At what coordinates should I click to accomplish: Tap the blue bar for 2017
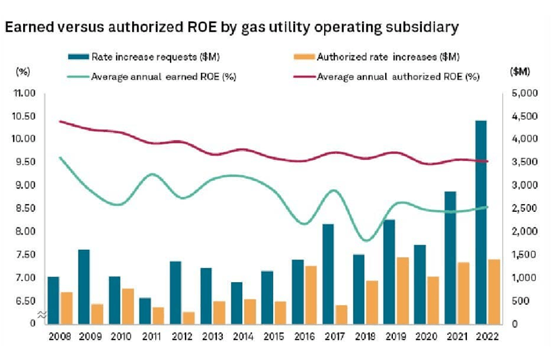pyautogui.click(x=328, y=273)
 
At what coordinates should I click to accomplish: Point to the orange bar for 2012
pyautogui.click(x=188, y=317)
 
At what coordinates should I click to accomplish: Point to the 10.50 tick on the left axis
pyautogui.click(x=24, y=116)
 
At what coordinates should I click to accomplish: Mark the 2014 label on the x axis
pyautogui.click(x=242, y=336)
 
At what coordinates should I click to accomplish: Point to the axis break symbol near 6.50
pyautogui.click(x=40, y=314)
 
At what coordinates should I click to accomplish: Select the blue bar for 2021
pyautogui.click(x=450, y=257)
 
